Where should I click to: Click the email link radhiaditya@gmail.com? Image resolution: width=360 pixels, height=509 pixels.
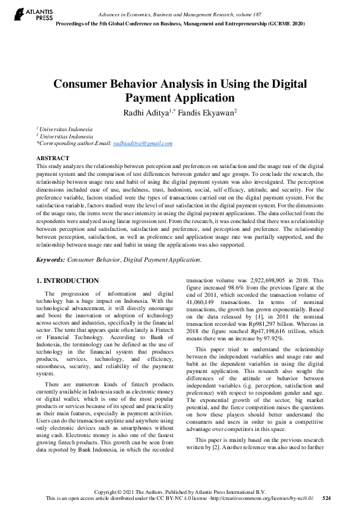(143, 143)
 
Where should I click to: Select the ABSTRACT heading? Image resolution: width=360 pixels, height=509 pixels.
(52, 157)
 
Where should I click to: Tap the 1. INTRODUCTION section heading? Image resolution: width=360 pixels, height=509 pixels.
(68, 280)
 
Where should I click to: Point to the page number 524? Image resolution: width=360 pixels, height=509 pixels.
(327, 498)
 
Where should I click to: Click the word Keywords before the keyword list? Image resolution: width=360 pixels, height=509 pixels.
(51, 259)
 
